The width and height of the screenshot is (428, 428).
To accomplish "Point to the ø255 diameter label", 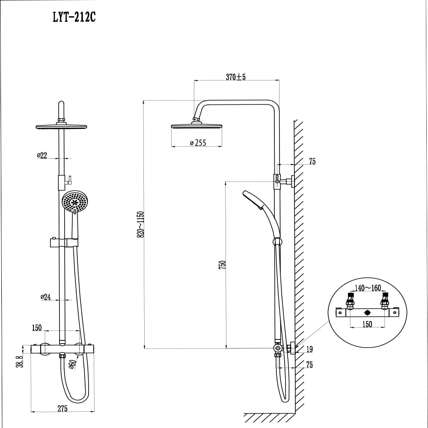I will [x=198, y=143].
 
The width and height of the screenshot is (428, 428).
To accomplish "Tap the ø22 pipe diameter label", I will [x=42, y=155].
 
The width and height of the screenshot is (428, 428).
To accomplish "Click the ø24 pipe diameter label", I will [x=45, y=297].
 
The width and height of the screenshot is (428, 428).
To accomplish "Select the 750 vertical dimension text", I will [x=222, y=264].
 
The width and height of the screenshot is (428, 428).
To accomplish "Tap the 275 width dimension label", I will [x=62, y=409].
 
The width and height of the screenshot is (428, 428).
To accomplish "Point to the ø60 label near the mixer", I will [x=72, y=365].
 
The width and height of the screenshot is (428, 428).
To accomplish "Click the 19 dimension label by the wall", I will [x=309, y=350].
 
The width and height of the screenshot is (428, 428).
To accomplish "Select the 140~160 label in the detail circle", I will [x=368, y=288].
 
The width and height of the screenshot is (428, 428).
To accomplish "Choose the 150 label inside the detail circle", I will [x=367, y=324].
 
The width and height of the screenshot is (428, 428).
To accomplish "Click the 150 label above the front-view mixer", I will [x=37, y=328].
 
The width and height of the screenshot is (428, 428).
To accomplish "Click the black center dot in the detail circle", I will [x=367, y=313].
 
